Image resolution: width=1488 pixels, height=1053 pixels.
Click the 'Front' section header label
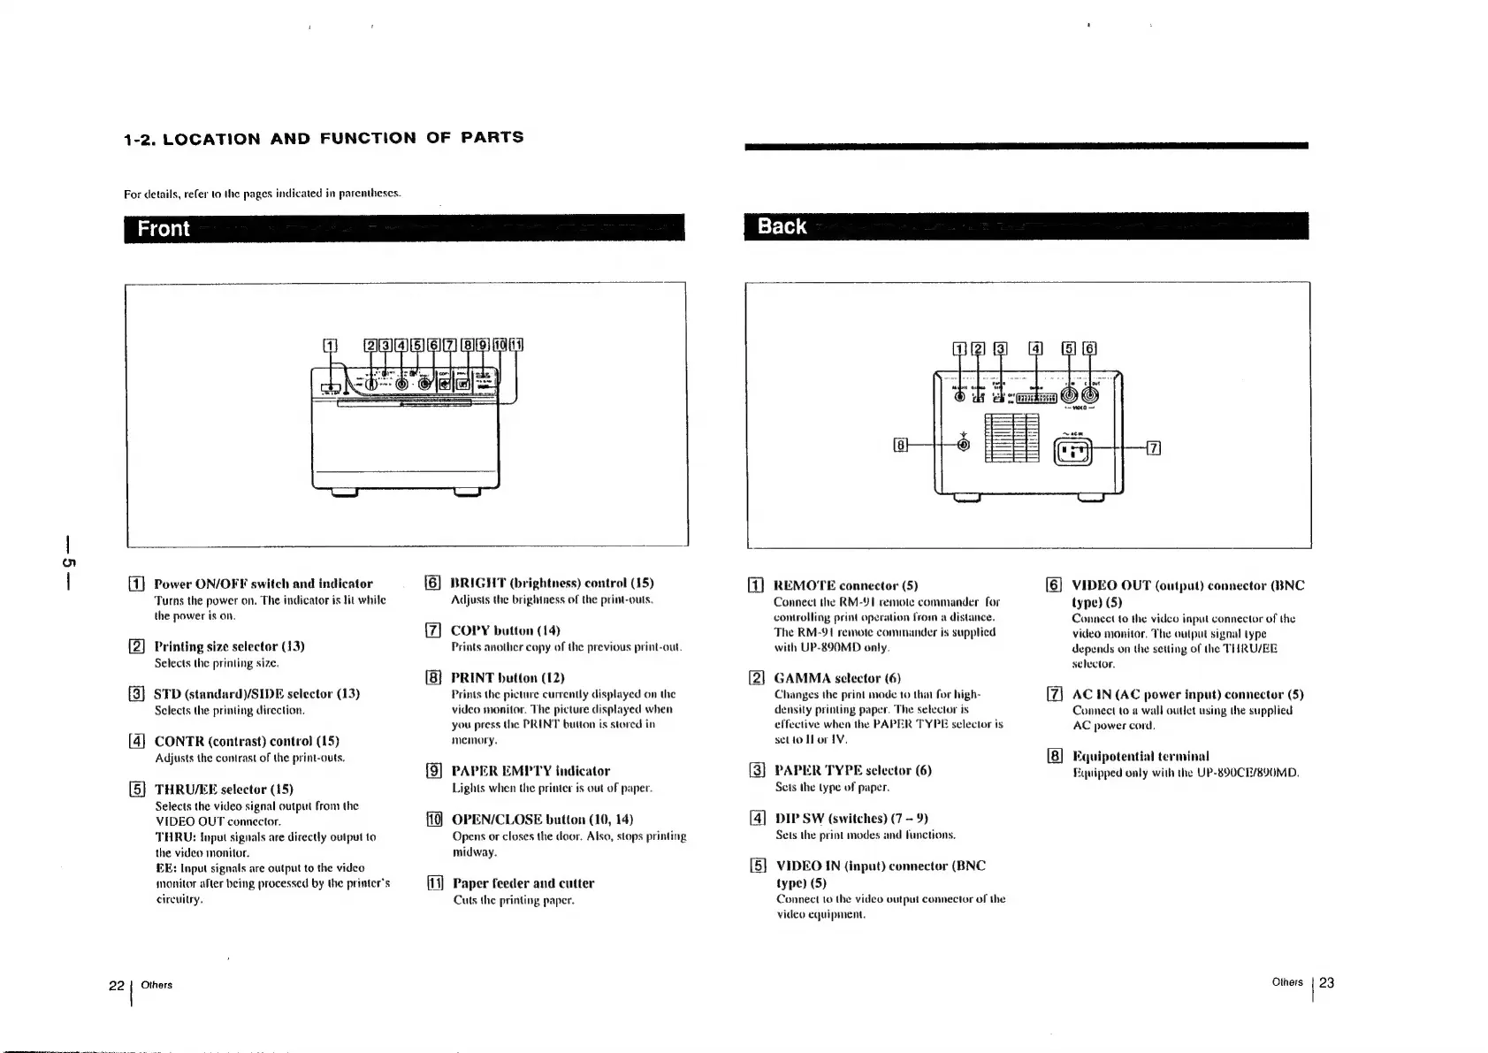click(164, 228)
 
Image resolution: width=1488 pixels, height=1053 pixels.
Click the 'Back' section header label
click(782, 226)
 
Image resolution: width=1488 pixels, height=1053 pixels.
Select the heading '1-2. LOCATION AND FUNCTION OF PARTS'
click(324, 138)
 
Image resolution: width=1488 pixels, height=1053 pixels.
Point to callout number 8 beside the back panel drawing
click(900, 445)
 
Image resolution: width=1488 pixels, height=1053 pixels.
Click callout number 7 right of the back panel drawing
click(1153, 447)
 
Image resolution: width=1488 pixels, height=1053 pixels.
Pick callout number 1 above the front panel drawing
click(329, 346)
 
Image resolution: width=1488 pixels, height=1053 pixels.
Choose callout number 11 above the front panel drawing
click(517, 346)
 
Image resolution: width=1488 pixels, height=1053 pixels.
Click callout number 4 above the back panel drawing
click(1036, 348)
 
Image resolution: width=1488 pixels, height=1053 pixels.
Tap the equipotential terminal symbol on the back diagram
click(964, 445)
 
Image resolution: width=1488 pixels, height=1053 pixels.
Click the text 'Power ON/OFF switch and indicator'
click(263, 584)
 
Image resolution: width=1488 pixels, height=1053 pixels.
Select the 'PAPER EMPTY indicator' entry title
click(530, 771)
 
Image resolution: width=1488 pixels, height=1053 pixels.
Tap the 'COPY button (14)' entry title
click(505, 630)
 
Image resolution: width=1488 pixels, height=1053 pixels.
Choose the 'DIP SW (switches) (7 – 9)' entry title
click(851, 818)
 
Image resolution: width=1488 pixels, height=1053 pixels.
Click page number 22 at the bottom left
click(116, 985)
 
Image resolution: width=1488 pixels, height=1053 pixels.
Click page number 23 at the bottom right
click(1326, 982)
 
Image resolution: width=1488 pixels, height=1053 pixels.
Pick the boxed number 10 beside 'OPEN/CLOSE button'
click(434, 819)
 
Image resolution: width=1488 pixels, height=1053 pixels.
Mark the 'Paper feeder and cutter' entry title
click(523, 883)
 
